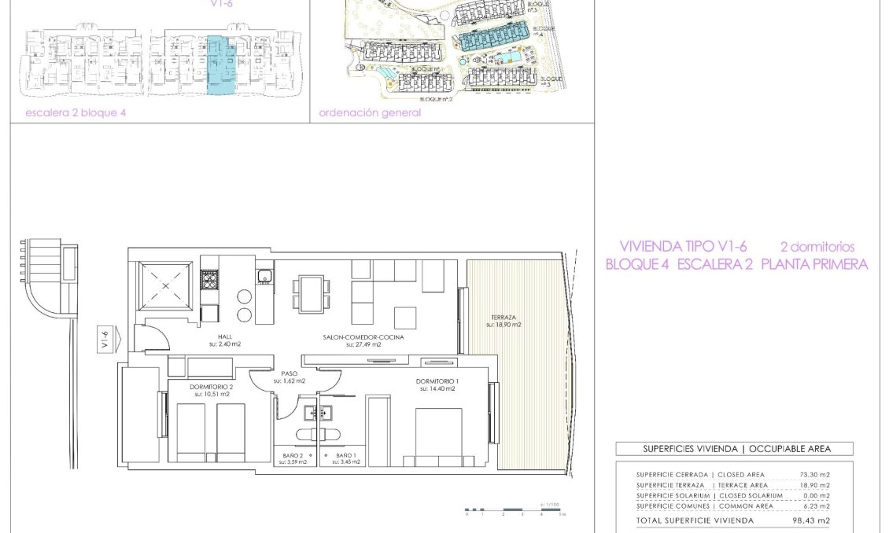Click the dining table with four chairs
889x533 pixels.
(309, 293)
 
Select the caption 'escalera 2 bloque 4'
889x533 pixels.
(76, 112)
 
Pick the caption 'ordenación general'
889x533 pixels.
(370, 112)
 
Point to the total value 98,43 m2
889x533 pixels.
(812, 520)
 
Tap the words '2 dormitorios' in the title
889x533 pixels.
(817, 247)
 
